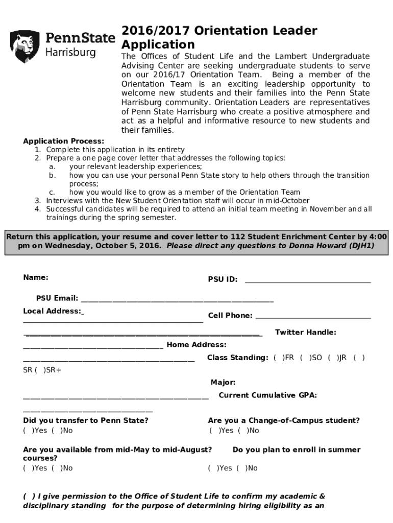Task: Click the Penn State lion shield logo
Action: click(x=25, y=46)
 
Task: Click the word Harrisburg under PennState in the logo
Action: click(x=70, y=53)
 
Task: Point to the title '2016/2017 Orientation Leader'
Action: click(x=219, y=31)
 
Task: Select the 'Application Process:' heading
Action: click(x=63, y=141)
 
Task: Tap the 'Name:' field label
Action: click(x=36, y=277)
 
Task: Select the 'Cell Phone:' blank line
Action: click(x=312, y=316)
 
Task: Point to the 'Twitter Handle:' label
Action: click(x=305, y=332)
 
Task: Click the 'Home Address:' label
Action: click(x=196, y=345)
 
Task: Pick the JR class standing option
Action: click(x=332, y=358)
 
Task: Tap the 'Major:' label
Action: click(x=223, y=383)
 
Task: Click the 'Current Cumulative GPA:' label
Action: click(x=267, y=395)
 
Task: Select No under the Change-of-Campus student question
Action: click(x=242, y=431)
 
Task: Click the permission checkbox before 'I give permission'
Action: click(x=29, y=496)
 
